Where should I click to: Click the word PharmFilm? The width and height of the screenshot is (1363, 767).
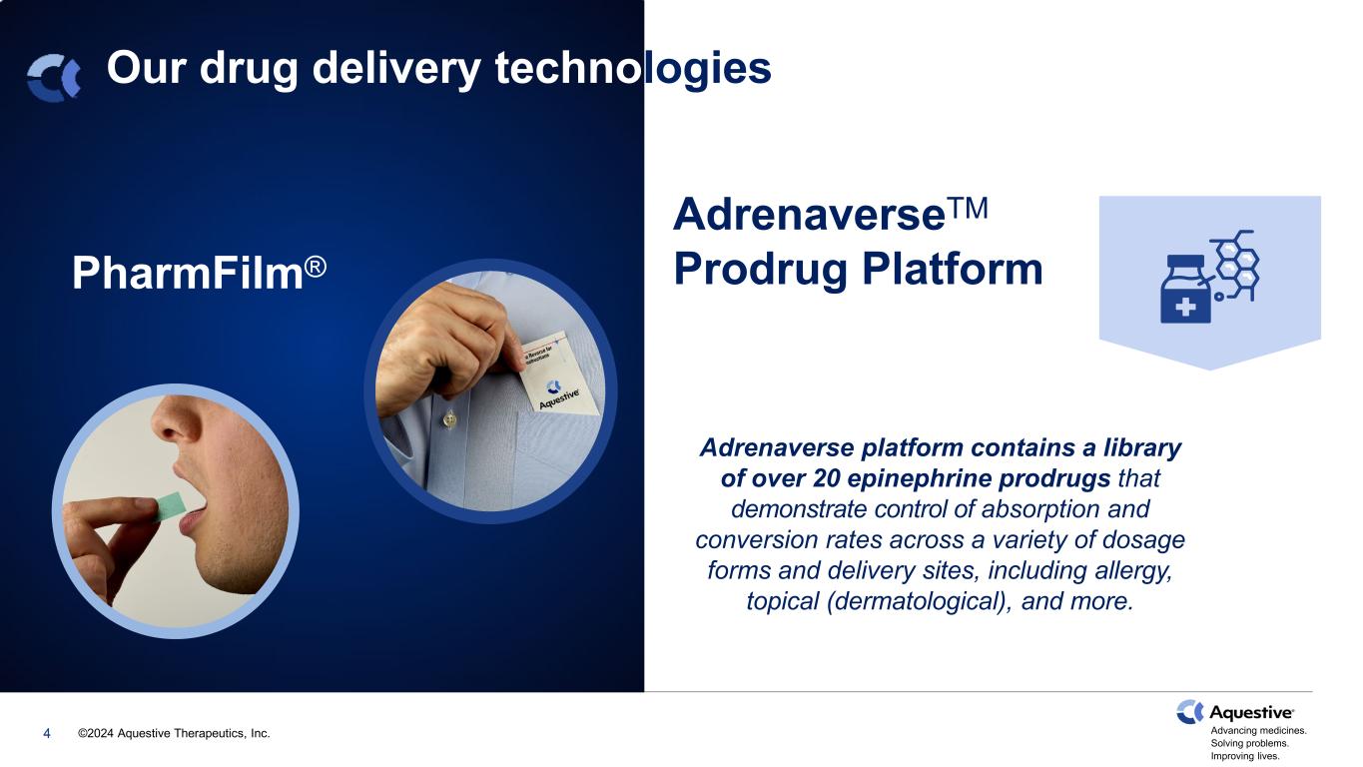(188, 273)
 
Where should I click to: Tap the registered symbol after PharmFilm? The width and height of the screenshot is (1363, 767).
(316, 267)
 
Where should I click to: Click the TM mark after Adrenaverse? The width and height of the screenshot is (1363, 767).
(967, 208)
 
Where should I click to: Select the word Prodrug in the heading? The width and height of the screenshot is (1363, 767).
(761, 270)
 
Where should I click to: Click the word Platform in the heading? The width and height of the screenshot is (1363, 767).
(953, 269)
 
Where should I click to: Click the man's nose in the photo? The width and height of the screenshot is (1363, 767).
(177, 420)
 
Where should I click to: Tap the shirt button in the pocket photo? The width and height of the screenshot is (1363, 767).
(449, 418)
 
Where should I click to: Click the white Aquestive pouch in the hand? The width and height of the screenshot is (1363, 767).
(557, 376)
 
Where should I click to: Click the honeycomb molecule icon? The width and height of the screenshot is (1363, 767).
(1235, 265)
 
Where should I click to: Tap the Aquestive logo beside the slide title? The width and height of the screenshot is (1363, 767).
(54, 78)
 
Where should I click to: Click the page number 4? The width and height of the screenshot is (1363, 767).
(47, 733)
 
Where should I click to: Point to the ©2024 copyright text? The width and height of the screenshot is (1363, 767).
(174, 733)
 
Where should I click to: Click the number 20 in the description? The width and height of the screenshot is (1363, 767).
(827, 478)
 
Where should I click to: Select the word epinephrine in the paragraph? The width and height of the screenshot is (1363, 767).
(919, 479)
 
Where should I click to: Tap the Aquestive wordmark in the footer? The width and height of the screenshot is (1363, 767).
(1251, 713)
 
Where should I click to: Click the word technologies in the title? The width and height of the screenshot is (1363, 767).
(633, 68)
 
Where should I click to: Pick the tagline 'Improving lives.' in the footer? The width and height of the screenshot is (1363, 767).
(1245, 757)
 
